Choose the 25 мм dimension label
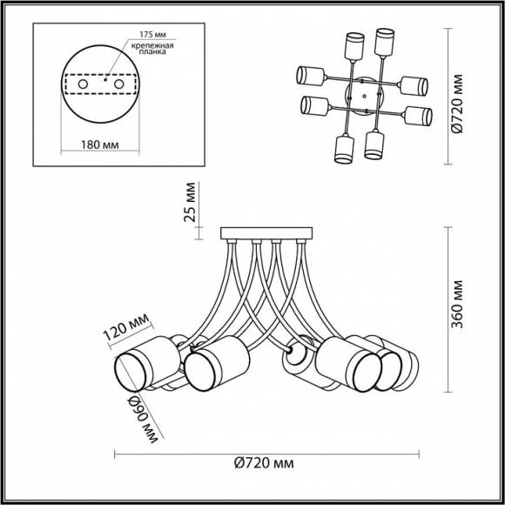click(x=190, y=203)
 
